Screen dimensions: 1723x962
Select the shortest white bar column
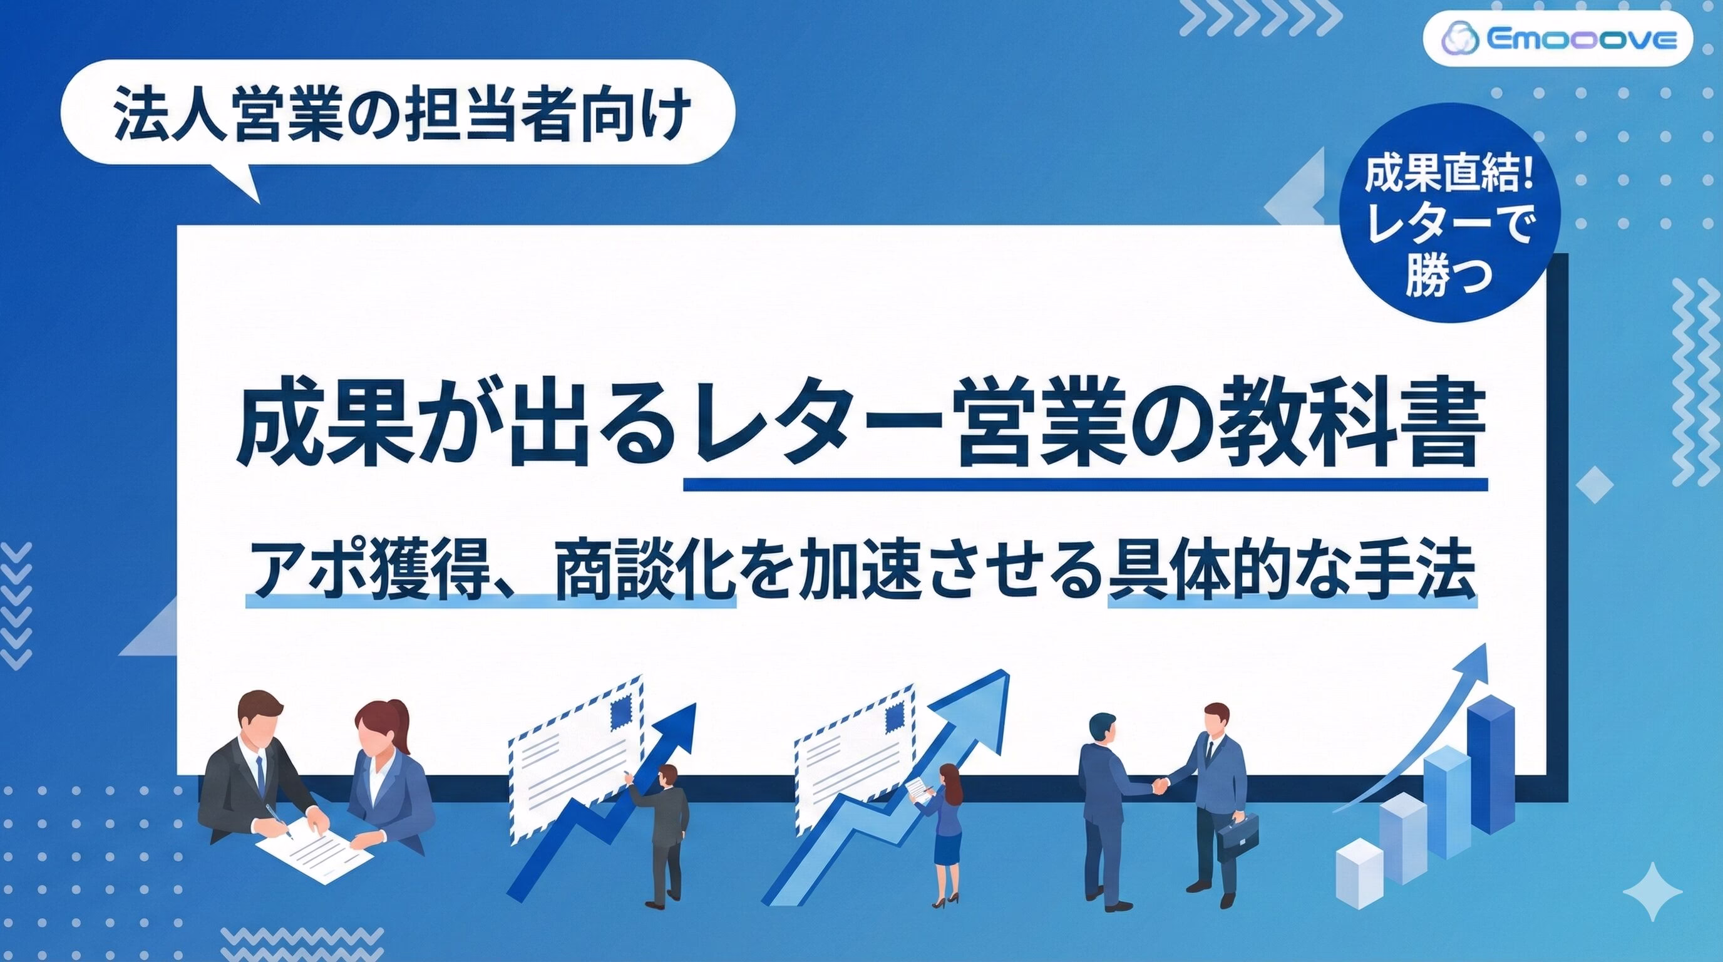pos(1360,872)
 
